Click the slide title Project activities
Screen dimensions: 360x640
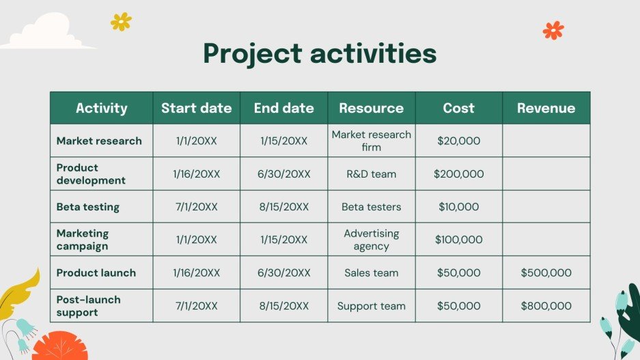click(x=320, y=53)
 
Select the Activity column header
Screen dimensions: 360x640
click(x=101, y=108)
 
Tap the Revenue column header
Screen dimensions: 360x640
click(x=546, y=108)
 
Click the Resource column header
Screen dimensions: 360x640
click(x=371, y=108)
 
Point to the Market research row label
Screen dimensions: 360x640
click(x=99, y=141)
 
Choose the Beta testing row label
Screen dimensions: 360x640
click(x=87, y=207)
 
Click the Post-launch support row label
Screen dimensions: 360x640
click(x=88, y=306)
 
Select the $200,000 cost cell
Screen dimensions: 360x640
click(x=458, y=174)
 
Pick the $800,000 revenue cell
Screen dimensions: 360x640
click(x=546, y=306)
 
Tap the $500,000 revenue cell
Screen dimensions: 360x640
click(x=546, y=273)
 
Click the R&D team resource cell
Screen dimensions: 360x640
click(x=371, y=174)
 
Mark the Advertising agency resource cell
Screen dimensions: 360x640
click(x=371, y=240)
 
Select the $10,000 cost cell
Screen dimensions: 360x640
click(x=458, y=207)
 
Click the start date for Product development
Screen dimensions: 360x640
click(x=196, y=174)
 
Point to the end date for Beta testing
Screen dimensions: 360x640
click(x=283, y=207)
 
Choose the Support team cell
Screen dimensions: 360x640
click(x=371, y=306)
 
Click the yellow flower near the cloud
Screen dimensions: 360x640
click(x=121, y=22)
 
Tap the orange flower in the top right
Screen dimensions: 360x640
click(x=553, y=30)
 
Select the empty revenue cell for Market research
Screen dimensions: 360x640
click(x=546, y=141)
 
